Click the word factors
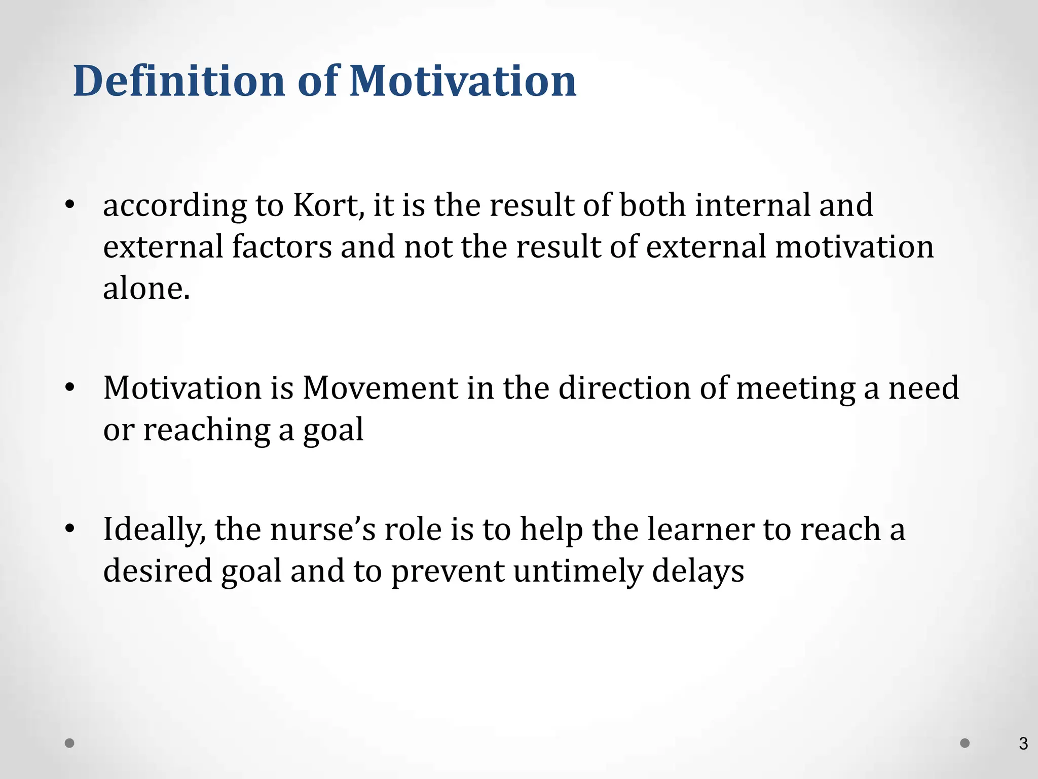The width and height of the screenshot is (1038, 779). (282, 247)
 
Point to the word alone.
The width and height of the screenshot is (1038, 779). (146, 289)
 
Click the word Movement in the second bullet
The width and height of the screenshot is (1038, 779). (380, 388)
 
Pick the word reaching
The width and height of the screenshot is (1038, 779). (206, 431)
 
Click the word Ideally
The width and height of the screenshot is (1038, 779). (155, 530)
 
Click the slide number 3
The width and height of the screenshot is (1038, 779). (1023, 743)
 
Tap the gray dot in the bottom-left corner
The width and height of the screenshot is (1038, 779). (70, 743)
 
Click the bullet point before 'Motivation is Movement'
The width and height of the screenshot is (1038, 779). (70, 388)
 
